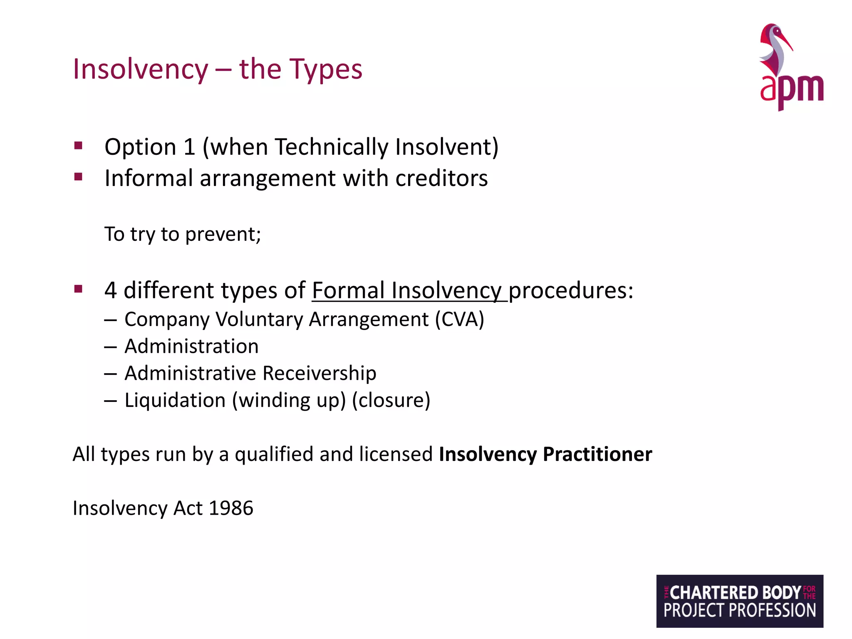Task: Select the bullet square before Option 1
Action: pyautogui.click(x=78, y=146)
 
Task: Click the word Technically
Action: pyautogui.click(x=331, y=147)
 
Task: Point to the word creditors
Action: pyautogui.click(x=441, y=179)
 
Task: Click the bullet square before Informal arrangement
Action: pyautogui.click(x=78, y=177)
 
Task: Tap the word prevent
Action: pyautogui.click(x=223, y=235)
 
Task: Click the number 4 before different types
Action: pyautogui.click(x=110, y=290)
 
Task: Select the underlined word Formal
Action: pyautogui.click(x=348, y=290)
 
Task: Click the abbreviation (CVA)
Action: pyautogui.click(x=460, y=319)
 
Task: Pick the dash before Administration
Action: pyautogui.click(x=110, y=347)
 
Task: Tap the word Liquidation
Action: pyautogui.click(x=175, y=400)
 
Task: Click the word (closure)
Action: pyautogui.click(x=391, y=400)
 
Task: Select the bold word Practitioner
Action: pyautogui.click(x=597, y=454)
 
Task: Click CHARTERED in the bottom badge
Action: pyautogui.click(x=714, y=592)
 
